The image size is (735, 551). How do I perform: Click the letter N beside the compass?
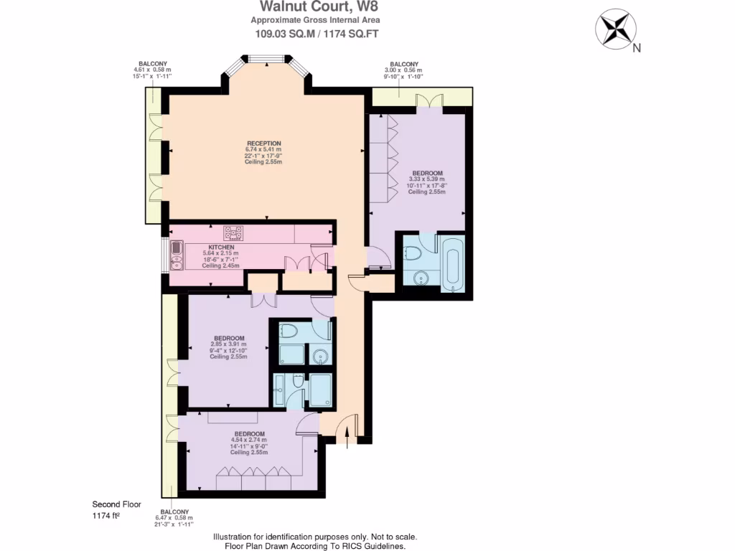point(636,48)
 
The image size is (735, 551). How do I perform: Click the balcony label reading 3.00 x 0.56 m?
point(405,70)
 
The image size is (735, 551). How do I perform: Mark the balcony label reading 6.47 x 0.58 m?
point(174,517)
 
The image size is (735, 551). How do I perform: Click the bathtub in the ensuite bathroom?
point(453,265)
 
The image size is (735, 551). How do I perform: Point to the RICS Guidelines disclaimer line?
point(315,546)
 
